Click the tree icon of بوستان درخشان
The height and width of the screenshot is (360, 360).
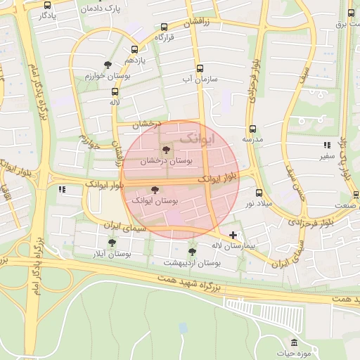point(166,149)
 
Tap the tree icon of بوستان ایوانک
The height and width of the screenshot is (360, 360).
point(155,189)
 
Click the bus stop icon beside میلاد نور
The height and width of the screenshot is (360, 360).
point(259,192)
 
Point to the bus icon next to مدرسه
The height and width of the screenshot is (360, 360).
point(252,129)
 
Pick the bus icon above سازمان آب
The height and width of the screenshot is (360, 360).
point(200,68)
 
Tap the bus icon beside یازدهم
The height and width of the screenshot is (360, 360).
point(135,49)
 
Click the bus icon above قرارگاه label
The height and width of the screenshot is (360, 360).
point(165,25)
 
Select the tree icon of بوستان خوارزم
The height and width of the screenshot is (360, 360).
point(108,64)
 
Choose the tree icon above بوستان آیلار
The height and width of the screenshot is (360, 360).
point(111,242)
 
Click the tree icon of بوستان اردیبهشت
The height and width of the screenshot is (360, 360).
point(192,251)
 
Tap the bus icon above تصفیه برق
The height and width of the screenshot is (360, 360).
point(351,13)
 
